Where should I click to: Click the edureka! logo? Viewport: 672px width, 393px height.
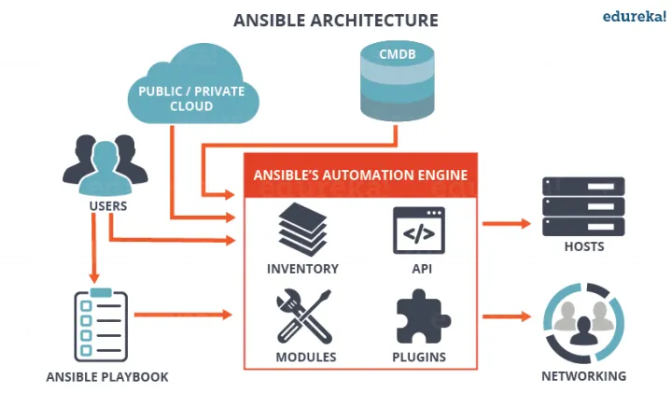click(635, 16)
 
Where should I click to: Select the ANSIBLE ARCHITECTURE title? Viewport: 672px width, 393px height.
click(336, 21)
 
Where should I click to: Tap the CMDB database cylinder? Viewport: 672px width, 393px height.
click(397, 81)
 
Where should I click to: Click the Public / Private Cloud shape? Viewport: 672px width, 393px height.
click(193, 84)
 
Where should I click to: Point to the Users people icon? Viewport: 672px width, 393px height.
click(105, 165)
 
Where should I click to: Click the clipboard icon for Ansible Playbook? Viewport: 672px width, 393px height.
click(101, 325)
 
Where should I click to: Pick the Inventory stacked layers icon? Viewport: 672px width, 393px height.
click(302, 230)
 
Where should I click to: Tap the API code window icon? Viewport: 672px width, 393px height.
click(419, 231)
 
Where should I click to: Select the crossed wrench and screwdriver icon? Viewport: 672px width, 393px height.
click(304, 316)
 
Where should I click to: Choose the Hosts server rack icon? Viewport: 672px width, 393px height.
click(583, 206)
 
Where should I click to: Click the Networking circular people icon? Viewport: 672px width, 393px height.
click(583, 323)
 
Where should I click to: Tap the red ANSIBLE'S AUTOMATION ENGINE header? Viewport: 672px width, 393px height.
click(360, 175)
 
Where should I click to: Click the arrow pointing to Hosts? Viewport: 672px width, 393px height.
click(507, 223)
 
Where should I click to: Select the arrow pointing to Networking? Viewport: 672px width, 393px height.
click(507, 316)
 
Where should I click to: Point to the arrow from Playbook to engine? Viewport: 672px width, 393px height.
click(184, 315)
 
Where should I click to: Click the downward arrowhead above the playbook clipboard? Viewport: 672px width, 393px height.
click(94, 277)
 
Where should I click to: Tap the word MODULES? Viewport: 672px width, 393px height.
click(306, 357)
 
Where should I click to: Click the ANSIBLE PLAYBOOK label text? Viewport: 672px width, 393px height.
click(107, 377)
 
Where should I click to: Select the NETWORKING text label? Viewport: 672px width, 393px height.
click(583, 376)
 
